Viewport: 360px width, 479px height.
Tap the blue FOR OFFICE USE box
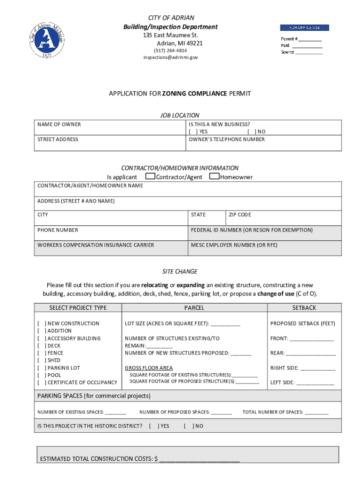click(x=304, y=28)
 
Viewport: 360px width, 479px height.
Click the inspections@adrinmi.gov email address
click(x=171, y=58)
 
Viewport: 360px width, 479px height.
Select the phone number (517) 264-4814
click(x=171, y=51)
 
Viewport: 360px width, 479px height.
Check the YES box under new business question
click(x=193, y=132)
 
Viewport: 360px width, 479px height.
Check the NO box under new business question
click(x=251, y=132)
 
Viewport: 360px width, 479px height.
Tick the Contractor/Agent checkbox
click(x=150, y=177)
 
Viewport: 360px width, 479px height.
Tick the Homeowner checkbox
click(x=215, y=177)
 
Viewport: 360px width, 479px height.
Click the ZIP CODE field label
click(x=240, y=215)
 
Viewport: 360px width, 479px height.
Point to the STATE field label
click(x=198, y=215)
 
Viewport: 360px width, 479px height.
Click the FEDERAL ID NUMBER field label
click(x=252, y=230)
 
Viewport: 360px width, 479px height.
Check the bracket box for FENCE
click(x=42, y=353)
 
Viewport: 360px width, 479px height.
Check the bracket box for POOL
click(x=42, y=375)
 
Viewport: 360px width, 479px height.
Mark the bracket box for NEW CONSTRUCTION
click(x=42, y=324)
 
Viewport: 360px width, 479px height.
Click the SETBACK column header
click(x=304, y=308)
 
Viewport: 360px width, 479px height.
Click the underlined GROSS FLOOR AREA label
click(x=149, y=368)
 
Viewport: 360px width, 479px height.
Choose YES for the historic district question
click(x=152, y=426)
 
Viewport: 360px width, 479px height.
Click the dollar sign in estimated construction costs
click(x=156, y=459)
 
